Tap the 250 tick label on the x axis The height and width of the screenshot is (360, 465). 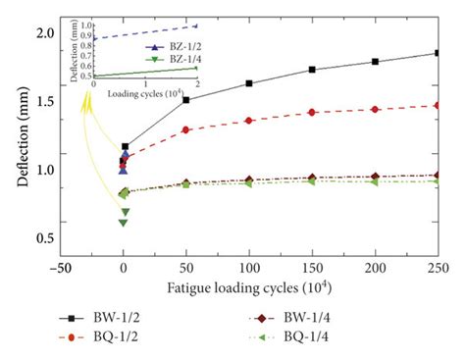click(x=437, y=265)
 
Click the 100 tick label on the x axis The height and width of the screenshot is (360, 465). click(x=249, y=265)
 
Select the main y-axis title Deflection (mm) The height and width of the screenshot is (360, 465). click(x=16, y=142)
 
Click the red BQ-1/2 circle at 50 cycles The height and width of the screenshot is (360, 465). click(x=186, y=129)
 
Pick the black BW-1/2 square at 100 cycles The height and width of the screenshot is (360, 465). click(x=249, y=83)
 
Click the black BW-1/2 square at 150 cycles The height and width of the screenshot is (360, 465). click(x=312, y=70)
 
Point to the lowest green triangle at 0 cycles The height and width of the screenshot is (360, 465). click(x=123, y=223)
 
